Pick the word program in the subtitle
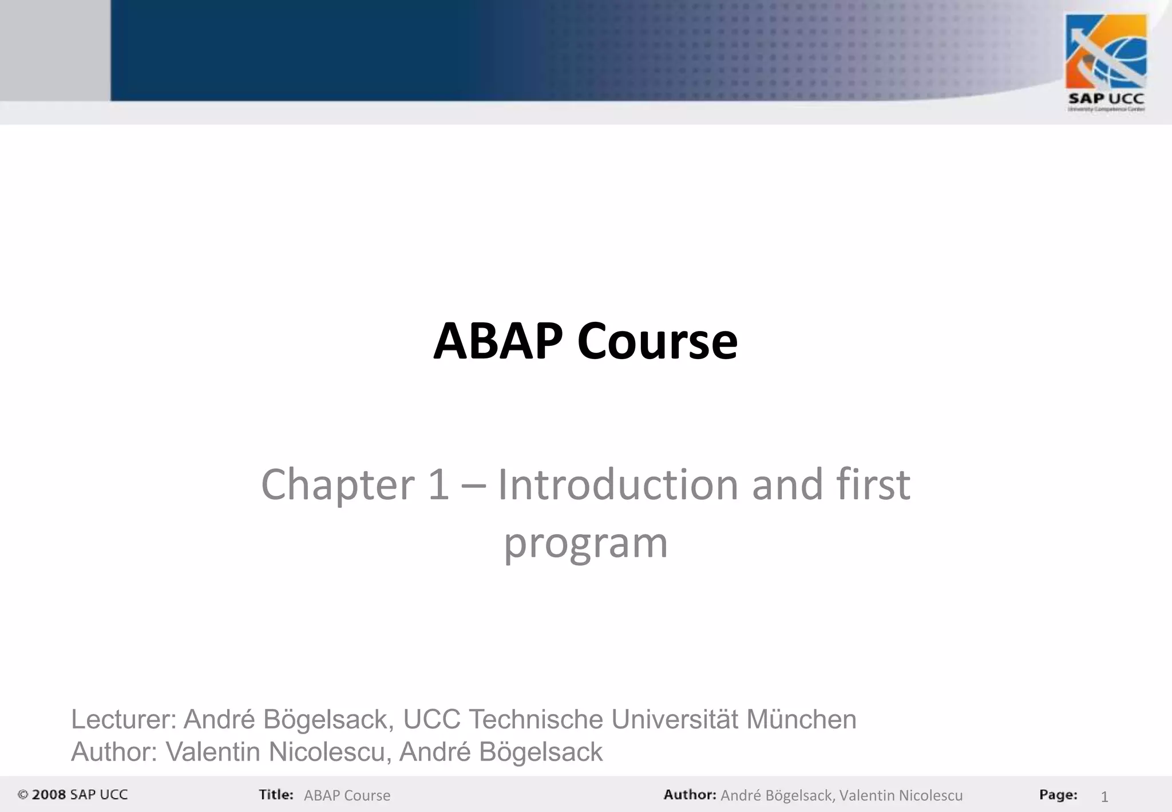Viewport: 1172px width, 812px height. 585,543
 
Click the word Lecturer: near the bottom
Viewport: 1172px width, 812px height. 124,720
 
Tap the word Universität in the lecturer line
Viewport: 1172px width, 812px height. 675,720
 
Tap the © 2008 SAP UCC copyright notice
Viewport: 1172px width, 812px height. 73,795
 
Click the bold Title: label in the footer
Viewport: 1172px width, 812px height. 276,795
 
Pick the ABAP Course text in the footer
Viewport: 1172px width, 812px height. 347,796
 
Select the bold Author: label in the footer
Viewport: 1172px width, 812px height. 690,795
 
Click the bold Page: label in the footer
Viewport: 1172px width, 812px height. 1058,795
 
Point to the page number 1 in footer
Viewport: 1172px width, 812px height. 1104,797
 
